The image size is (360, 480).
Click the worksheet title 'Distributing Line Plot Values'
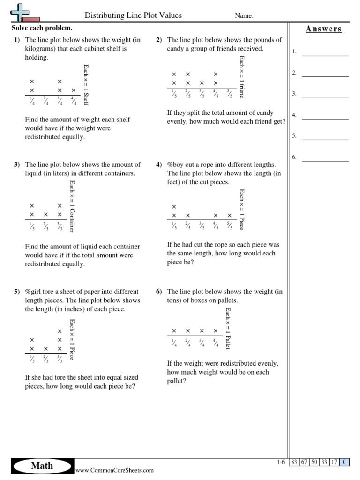click(133, 15)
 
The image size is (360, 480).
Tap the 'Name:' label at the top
click(244, 16)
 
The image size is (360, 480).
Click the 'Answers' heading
click(324, 29)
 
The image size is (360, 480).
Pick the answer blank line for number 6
click(325, 160)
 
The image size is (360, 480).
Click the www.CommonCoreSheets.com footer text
click(114, 470)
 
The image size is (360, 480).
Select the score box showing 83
click(295, 462)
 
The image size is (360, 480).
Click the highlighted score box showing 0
click(345, 462)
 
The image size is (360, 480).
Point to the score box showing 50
click(315, 462)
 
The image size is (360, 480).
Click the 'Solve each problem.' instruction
click(42, 28)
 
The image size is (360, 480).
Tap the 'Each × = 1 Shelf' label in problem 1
click(86, 84)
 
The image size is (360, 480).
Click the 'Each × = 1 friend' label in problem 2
click(242, 76)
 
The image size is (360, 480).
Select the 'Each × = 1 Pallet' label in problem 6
click(228, 328)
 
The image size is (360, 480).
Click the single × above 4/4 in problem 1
click(74, 90)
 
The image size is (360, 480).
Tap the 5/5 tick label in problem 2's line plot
click(230, 93)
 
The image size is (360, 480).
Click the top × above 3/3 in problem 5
click(60, 331)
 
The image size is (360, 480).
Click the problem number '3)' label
click(17, 165)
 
